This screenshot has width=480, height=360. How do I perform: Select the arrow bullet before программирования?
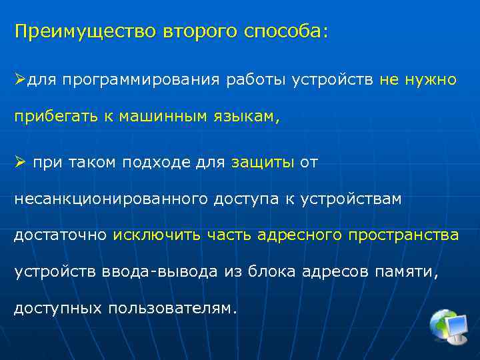(21, 80)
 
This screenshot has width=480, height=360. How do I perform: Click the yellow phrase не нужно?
(418, 80)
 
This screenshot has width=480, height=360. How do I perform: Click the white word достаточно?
(60, 235)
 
